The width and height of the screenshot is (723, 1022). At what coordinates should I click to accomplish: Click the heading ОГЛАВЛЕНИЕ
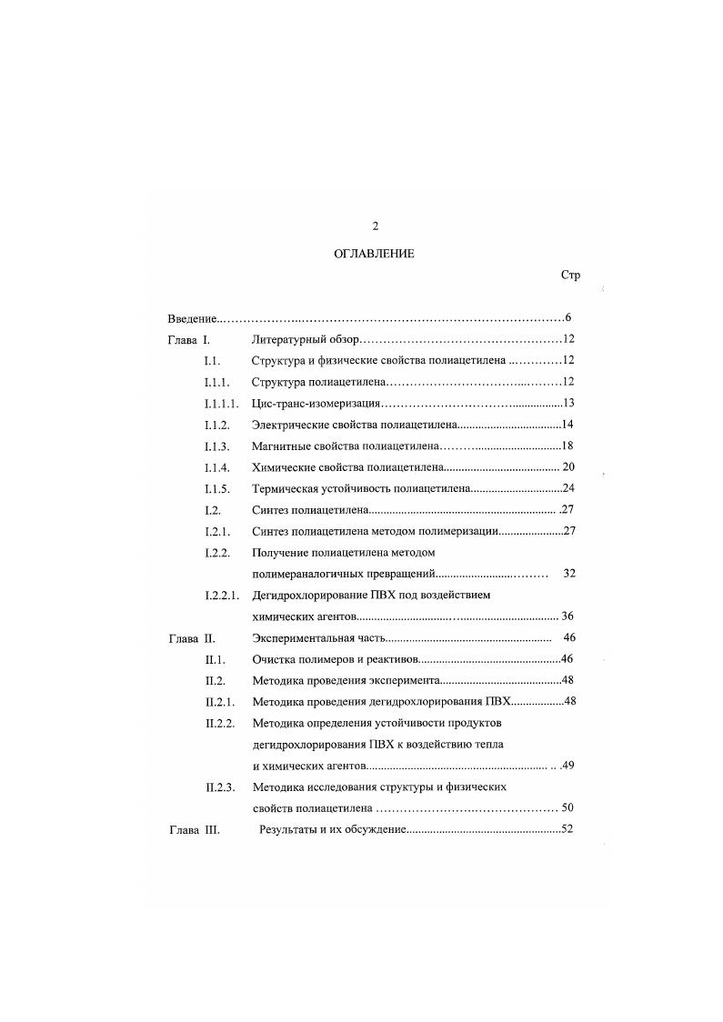click(x=374, y=254)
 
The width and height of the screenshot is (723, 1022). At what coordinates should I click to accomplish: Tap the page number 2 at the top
click(x=375, y=226)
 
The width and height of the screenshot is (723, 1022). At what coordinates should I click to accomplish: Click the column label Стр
click(x=571, y=276)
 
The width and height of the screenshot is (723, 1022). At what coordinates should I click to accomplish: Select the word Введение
click(x=193, y=318)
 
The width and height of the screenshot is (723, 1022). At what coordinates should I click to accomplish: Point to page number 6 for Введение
click(x=567, y=317)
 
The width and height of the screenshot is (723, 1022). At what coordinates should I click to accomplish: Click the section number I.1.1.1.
click(x=222, y=403)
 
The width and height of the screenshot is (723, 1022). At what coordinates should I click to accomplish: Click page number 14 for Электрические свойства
click(x=567, y=424)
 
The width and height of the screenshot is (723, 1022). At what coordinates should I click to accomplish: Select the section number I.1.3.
click(x=216, y=446)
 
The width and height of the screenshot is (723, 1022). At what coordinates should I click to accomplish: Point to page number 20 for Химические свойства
click(x=569, y=466)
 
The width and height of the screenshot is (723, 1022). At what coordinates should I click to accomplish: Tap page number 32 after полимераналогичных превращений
click(x=569, y=574)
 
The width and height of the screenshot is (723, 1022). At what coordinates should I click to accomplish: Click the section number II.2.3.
click(x=220, y=787)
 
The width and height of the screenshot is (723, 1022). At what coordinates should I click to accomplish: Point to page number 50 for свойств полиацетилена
click(x=567, y=807)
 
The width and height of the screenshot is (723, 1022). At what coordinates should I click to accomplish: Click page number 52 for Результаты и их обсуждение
click(x=567, y=829)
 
